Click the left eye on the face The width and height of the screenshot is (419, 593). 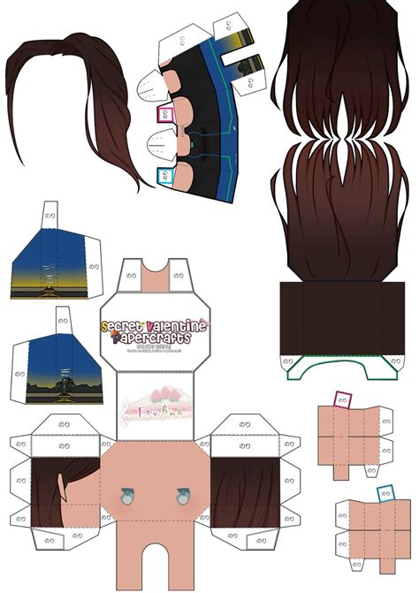pos(126,497)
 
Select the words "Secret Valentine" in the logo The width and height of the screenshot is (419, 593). pos(154,327)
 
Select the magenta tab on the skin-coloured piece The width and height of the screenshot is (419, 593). pos(342,399)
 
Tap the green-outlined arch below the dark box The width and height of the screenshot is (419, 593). pos(341,364)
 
